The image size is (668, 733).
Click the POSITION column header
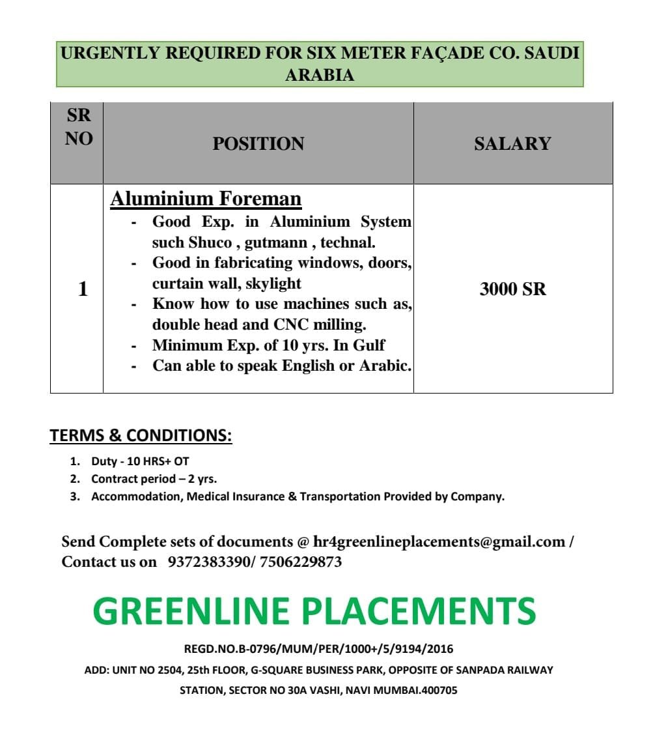pos(258,144)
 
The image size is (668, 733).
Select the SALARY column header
pos(512,144)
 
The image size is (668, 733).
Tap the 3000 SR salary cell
pos(512,289)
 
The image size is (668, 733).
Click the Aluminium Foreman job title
pos(206,199)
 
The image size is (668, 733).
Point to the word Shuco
pos(210,243)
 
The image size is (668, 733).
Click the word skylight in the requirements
pos(273,284)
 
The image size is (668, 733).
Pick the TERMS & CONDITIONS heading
pos(141,435)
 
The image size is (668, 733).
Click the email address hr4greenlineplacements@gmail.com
pos(439,541)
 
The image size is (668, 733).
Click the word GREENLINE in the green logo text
pos(191,611)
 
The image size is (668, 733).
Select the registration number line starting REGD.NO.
pos(319,649)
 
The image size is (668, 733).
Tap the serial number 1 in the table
pos(83,289)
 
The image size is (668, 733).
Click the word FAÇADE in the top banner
pos(446,53)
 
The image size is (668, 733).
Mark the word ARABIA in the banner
pos(320,75)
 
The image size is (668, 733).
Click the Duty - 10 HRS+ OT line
pos(140,461)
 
